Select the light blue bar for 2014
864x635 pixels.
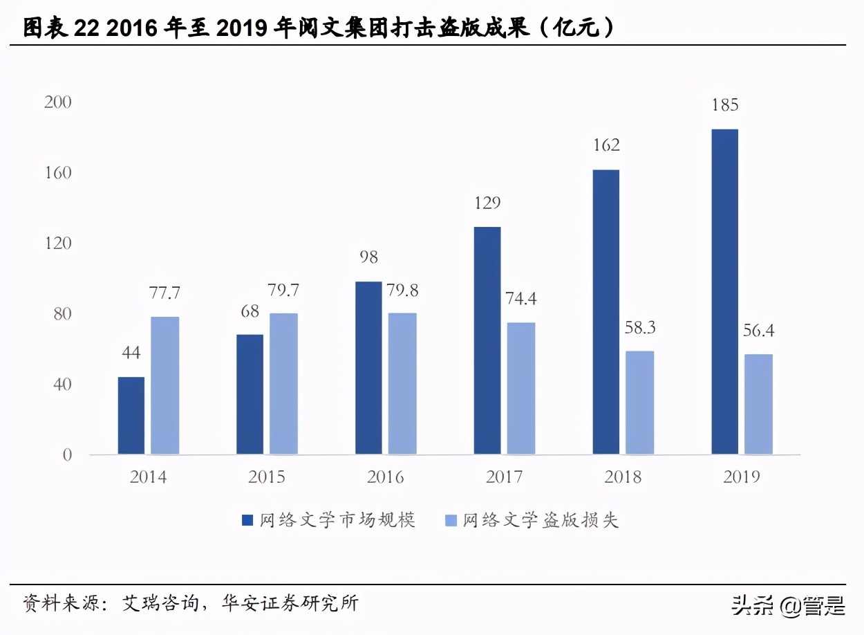point(165,385)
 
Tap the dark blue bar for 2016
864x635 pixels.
point(368,368)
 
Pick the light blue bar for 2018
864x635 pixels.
point(639,403)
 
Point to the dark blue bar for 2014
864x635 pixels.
point(131,416)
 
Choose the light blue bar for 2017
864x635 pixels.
point(521,388)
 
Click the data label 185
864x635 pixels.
point(724,105)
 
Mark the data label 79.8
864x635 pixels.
point(402,290)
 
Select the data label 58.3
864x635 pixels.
point(639,328)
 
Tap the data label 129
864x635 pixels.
point(487,203)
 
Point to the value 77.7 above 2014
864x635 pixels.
point(165,293)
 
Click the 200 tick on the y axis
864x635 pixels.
point(57,102)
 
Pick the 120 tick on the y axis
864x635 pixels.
point(57,243)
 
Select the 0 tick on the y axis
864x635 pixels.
point(67,455)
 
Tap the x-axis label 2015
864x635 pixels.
point(266,477)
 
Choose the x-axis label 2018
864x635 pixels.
point(622,477)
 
